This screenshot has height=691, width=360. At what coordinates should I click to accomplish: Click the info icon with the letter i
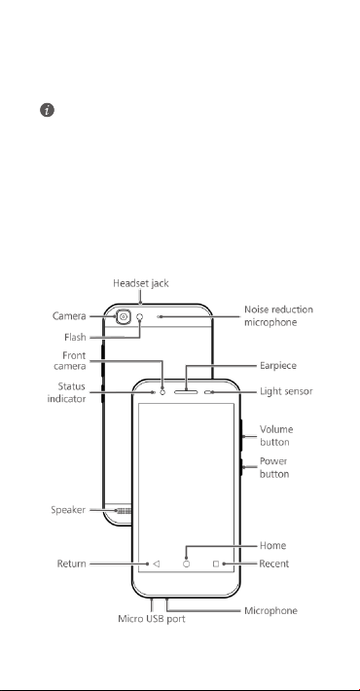pos(47,110)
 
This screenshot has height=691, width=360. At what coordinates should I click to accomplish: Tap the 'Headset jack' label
pos(140,283)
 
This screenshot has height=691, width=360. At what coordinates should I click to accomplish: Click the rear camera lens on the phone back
pos(124,316)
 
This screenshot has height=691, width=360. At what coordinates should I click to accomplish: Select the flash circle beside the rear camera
pos(140,316)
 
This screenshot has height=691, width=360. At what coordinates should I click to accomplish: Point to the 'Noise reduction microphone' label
pos(278,316)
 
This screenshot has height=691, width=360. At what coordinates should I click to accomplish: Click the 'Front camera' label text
pos(70,361)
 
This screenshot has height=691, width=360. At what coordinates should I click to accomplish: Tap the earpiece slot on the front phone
pos(186,391)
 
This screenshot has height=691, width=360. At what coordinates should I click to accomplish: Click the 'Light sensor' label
pos(286,391)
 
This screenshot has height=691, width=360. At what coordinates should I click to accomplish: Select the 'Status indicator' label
pos(67,392)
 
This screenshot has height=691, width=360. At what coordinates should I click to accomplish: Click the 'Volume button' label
pos(276,435)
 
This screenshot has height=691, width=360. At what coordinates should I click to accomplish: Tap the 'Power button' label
pos(274,467)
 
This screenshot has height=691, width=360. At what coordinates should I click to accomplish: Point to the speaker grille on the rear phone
pos(124,510)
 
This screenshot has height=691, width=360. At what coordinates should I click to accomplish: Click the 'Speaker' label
pos(68,510)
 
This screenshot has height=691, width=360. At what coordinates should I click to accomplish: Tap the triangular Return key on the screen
pos(156,564)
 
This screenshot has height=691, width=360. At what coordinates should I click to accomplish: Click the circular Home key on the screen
pos(186,564)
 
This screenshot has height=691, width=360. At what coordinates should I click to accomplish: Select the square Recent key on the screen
pos(216,564)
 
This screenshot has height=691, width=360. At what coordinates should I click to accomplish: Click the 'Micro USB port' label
pos(152,619)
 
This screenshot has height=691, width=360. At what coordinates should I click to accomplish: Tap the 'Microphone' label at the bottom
pos(271,611)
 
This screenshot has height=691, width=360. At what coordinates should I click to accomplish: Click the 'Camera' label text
pos(69,316)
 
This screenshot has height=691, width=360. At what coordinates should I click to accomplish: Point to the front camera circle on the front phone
pos(162,392)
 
